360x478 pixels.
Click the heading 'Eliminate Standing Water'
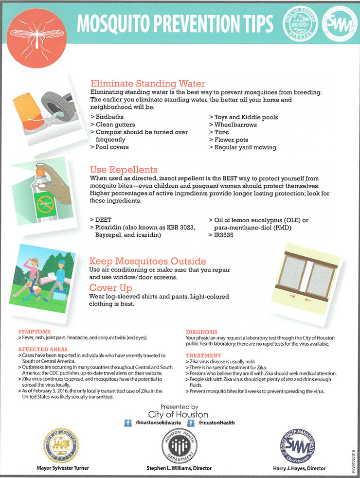pos(148,83)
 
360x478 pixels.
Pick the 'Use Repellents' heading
pos(124,170)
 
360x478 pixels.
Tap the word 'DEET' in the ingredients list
pos(104,220)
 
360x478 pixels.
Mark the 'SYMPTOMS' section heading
pos(34,332)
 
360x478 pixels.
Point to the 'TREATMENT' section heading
pos(203,355)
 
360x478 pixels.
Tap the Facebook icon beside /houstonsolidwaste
pos(128,423)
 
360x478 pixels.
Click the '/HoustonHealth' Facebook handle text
pos(216,423)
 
